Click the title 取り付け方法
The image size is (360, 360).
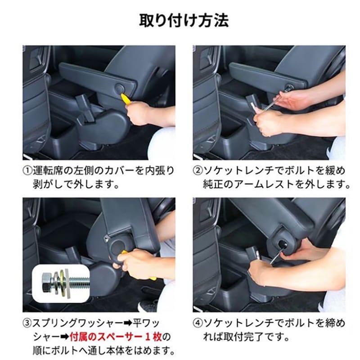coord(184,21)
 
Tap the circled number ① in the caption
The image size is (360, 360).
coord(27,171)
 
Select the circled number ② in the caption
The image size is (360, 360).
coord(198,171)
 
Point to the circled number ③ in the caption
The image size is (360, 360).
coord(27,323)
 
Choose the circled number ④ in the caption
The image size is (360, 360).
coord(198,323)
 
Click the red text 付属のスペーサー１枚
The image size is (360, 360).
coord(116,337)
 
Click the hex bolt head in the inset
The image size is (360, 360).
coord(48,283)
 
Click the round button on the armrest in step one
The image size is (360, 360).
coord(120,88)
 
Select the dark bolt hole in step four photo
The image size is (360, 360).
coord(283,244)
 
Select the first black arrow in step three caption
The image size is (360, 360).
coord(128,323)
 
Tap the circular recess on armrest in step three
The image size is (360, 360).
coord(118,246)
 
